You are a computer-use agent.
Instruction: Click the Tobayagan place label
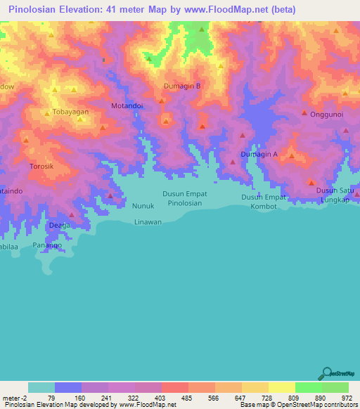point(71,112)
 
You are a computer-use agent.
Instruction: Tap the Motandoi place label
point(127,106)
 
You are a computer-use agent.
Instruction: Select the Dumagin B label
point(182,86)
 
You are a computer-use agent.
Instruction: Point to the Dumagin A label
point(259,154)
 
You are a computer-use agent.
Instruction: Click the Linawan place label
point(148,221)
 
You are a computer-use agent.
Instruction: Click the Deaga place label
point(60,226)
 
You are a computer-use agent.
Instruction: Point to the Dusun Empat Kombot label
point(264,202)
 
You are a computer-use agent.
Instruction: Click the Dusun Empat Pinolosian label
point(185,198)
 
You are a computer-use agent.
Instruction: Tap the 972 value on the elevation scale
point(347,398)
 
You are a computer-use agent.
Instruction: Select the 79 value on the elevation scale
point(51,398)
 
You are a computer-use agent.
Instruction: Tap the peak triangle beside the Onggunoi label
point(304,112)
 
